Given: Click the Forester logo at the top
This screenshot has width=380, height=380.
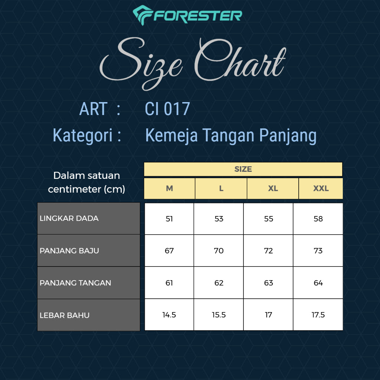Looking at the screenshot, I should [x=187, y=15].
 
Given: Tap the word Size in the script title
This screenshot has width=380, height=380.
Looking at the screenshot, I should [x=141, y=63].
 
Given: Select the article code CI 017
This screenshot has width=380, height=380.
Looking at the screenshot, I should [x=167, y=109].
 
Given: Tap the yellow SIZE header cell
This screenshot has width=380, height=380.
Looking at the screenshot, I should [x=243, y=169].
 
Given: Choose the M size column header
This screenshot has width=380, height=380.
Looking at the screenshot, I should [x=169, y=189].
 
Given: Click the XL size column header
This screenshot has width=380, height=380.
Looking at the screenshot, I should [x=273, y=189].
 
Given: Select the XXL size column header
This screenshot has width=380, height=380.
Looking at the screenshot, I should [x=321, y=189].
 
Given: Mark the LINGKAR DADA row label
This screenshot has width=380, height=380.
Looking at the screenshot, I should [x=69, y=218].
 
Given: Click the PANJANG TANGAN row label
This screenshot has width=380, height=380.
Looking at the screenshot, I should [x=75, y=283].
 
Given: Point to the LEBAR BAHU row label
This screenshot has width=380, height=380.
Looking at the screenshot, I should [x=65, y=315].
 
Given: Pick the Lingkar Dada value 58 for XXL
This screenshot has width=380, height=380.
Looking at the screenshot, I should [x=318, y=219].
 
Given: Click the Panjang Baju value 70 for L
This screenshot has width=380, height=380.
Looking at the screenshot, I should [x=219, y=251].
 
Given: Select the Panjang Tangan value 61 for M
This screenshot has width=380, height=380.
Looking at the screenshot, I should [x=169, y=283].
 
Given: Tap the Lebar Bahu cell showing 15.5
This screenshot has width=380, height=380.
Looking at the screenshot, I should [x=219, y=315].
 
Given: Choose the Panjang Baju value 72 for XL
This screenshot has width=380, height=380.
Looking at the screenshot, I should [x=268, y=251].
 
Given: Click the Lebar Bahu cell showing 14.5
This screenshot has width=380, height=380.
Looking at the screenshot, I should [x=169, y=315].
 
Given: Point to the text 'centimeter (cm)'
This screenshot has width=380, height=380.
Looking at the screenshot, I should [x=86, y=189].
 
